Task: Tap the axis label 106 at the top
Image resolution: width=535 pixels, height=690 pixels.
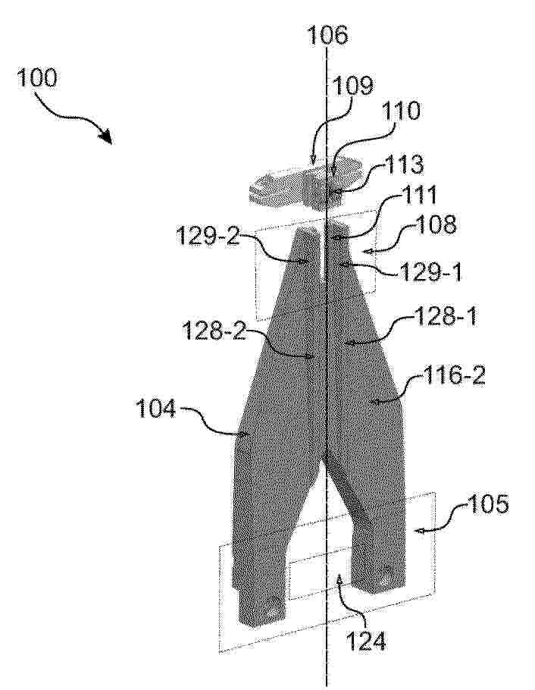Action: click(x=327, y=35)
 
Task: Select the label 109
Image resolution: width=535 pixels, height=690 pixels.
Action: click(x=351, y=86)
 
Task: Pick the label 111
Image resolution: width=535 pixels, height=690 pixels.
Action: click(x=398, y=196)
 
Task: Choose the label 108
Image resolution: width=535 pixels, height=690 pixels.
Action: click(x=435, y=226)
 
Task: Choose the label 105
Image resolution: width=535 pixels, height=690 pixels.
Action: click(x=489, y=503)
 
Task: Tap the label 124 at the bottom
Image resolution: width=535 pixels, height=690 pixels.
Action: click(x=367, y=641)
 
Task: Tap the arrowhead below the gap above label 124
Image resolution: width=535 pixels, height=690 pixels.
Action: click(x=339, y=582)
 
